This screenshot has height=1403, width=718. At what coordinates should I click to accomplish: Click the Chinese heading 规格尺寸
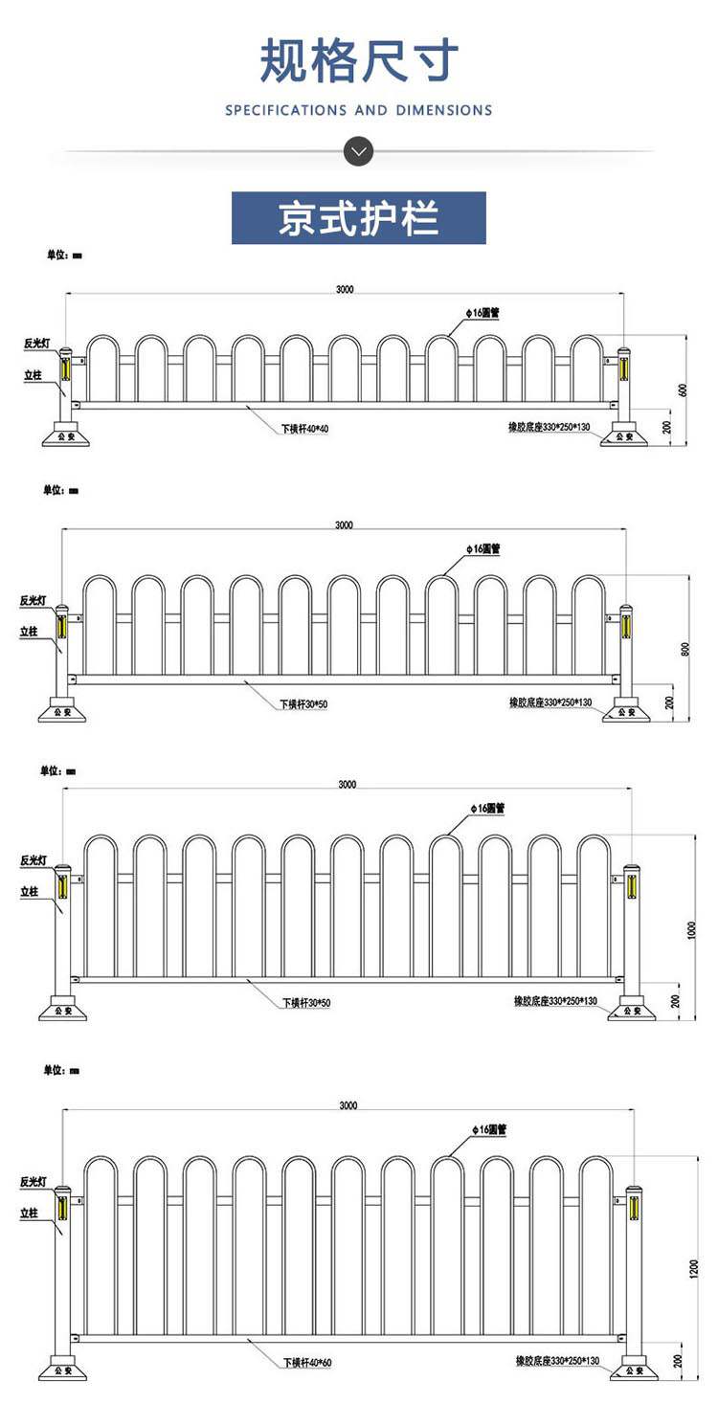(x=359, y=61)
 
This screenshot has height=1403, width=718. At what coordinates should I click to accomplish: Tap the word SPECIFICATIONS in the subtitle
(x=286, y=111)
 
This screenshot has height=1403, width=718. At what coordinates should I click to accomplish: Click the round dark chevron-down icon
(x=359, y=150)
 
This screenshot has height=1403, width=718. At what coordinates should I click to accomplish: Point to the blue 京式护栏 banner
(x=359, y=218)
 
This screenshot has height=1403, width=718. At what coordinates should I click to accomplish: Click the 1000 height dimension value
(x=692, y=929)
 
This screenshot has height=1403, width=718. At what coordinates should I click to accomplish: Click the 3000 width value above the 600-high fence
(x=345, y=289)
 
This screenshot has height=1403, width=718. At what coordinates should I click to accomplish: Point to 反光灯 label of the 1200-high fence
(x=34, y=1183)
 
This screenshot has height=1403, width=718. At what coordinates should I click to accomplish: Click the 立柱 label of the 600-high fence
(x=33, y=376)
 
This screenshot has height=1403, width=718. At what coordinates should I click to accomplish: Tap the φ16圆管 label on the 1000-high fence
(x=487, y=809)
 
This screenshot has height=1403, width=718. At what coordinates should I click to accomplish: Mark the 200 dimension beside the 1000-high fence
(x=677, y=1001)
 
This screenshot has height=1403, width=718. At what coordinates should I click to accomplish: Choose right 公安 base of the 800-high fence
(x=626, y=713)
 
